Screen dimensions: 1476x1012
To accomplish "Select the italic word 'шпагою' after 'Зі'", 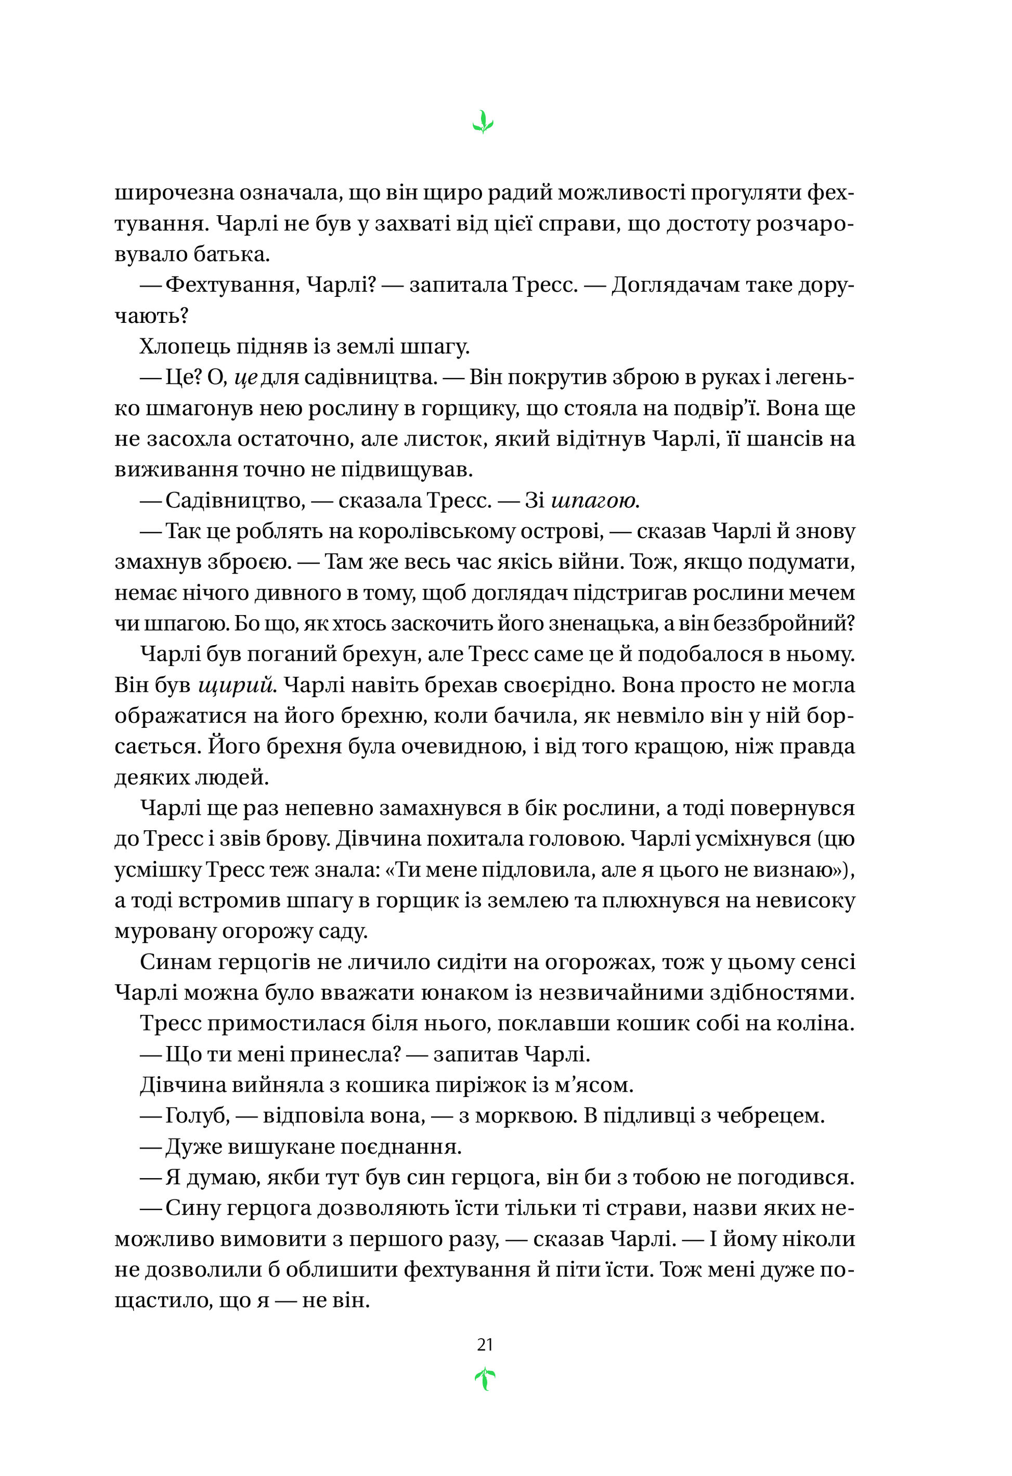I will tap(594, 501).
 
